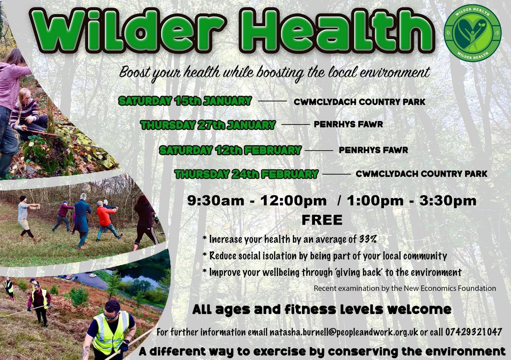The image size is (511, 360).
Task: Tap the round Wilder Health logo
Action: click(x=472, y=33)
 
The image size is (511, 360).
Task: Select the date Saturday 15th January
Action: click(x=185, y=101)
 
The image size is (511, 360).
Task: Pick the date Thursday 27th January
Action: click(x=208, y=125)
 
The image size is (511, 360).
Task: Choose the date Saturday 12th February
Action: click(x=230, y=150)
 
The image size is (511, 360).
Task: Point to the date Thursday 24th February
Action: click(x=247, y=174)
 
